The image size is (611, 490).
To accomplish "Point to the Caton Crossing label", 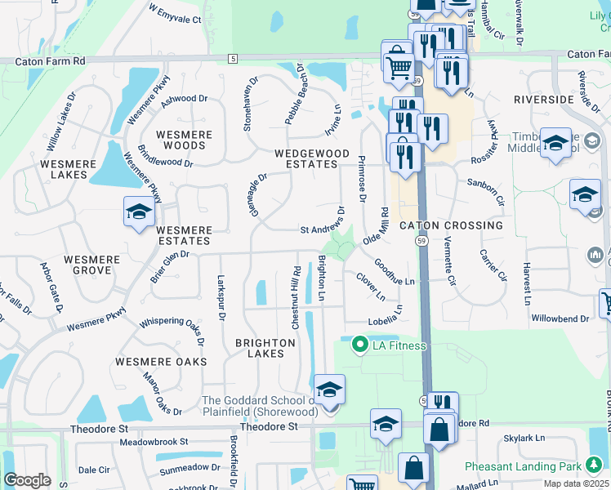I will (x=451, y=225).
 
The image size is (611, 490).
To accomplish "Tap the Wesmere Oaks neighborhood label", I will (x=161, y=361).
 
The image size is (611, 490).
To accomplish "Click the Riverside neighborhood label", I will (x=544, y=99).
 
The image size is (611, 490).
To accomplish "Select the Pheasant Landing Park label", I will (x=522, y=466).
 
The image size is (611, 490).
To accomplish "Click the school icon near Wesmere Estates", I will (x=139, y=212).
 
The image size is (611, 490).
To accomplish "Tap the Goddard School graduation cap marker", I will (x=329, y=390).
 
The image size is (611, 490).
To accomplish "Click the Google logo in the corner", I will (x=27, y=480).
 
